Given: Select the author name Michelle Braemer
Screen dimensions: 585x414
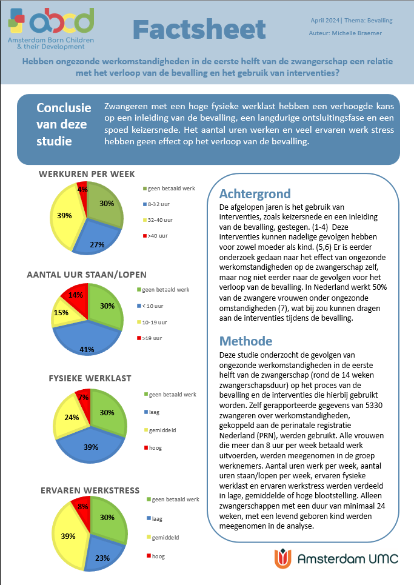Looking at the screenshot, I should [x=356, y=33].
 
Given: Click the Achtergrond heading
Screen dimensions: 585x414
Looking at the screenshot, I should [x=255, y=194].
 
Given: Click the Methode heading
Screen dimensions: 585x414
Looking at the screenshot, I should [x=245, y=340].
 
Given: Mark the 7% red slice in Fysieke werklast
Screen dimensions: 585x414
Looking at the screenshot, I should [x=84, y=397].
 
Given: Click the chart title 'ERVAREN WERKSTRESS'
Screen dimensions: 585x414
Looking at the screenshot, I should [x=90, y=490].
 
